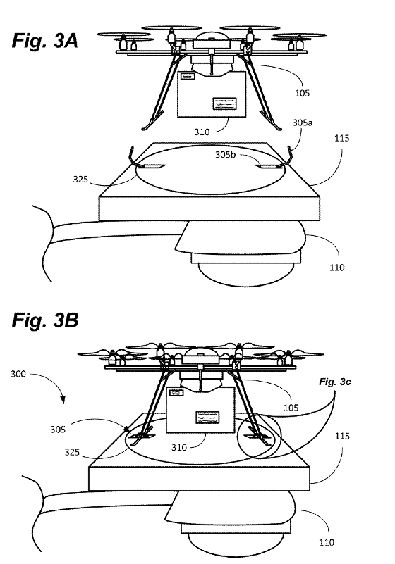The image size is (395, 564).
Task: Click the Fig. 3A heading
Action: click(45, 40)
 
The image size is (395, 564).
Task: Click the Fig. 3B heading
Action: click(45, 320)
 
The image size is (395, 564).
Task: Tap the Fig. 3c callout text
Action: click(335, 382)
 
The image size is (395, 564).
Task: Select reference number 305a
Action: click(303, 123)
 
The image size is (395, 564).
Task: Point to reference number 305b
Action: click(226, 154)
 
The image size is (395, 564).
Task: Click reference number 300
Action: click(18, 374)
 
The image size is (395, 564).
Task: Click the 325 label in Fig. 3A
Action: click(80, 179)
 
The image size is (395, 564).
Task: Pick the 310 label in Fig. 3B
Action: click(179, 447)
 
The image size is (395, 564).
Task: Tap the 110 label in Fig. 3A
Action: click(337, 268)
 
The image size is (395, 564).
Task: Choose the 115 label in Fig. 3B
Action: click(342, 436)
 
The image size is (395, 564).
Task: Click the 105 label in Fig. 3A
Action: click(303, 93)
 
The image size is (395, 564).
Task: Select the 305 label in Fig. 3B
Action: click(58, 429)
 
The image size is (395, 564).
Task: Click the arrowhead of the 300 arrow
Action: click(63, 400)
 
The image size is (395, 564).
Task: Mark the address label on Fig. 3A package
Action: click(225, 104)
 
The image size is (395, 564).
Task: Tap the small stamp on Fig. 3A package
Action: click(188, 76)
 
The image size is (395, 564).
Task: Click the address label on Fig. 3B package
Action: click(207, 418)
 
